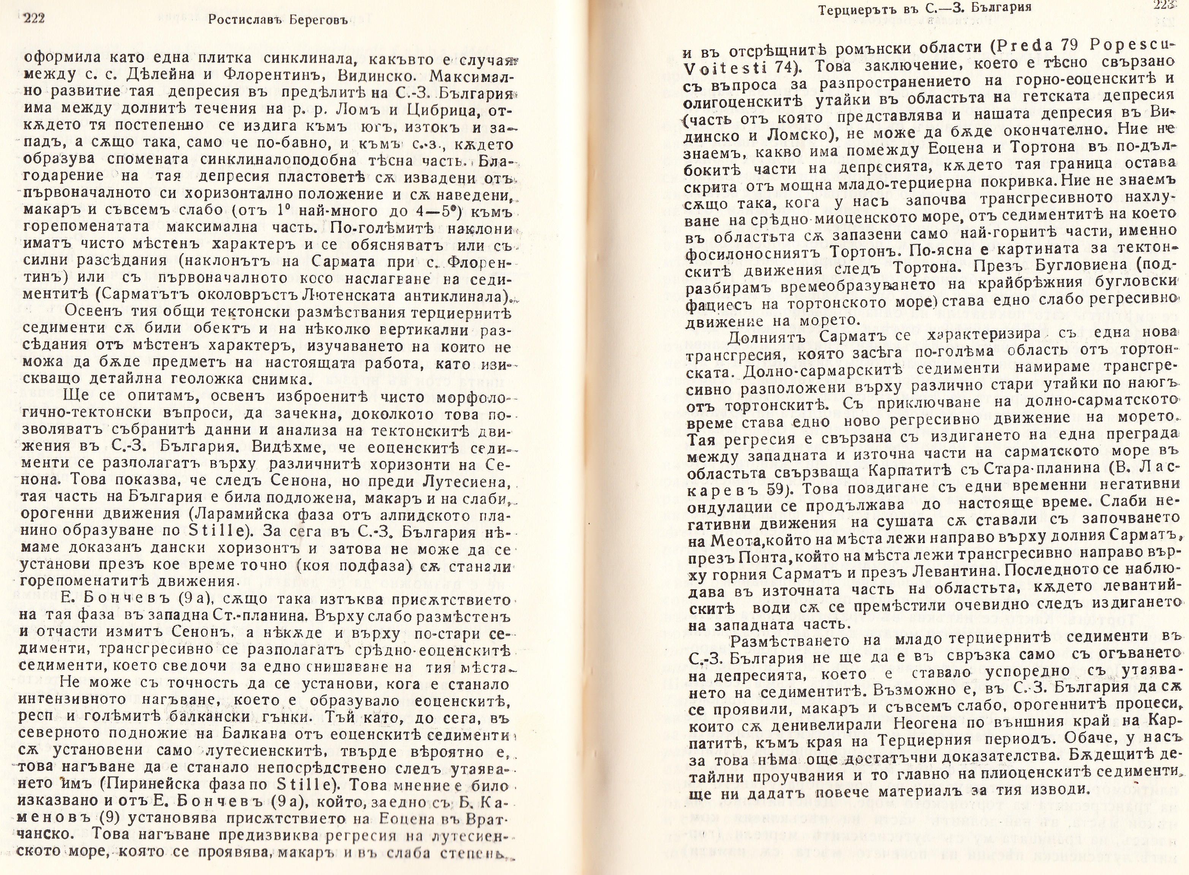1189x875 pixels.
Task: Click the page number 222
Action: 32,19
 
